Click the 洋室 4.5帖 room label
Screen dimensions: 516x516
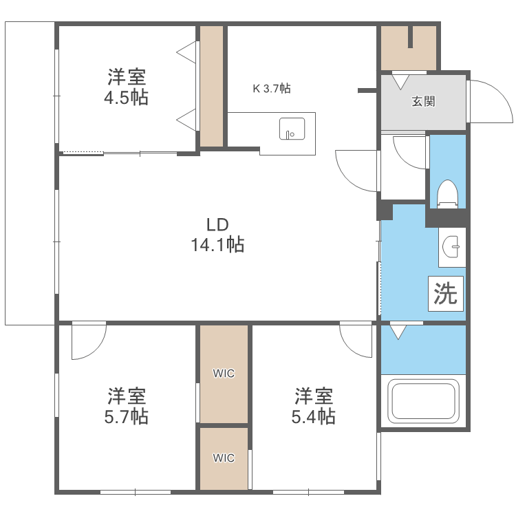[126, 87]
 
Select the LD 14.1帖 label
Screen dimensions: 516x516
[217, 234]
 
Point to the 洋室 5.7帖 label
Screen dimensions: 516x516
[127, 406]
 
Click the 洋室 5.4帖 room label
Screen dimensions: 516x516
[315, 406]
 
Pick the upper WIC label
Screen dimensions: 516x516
[224, 374]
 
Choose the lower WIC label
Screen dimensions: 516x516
[224, 458]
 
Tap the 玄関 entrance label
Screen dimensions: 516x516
[423, 102]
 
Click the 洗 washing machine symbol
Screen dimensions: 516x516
[446, 294]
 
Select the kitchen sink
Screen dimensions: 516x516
[292, 128]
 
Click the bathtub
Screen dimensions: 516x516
[423, 402]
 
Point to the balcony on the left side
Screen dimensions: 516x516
[30, 172]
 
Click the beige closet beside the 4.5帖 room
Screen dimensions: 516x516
[212, 86]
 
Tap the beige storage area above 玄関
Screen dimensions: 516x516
[409, 48]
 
